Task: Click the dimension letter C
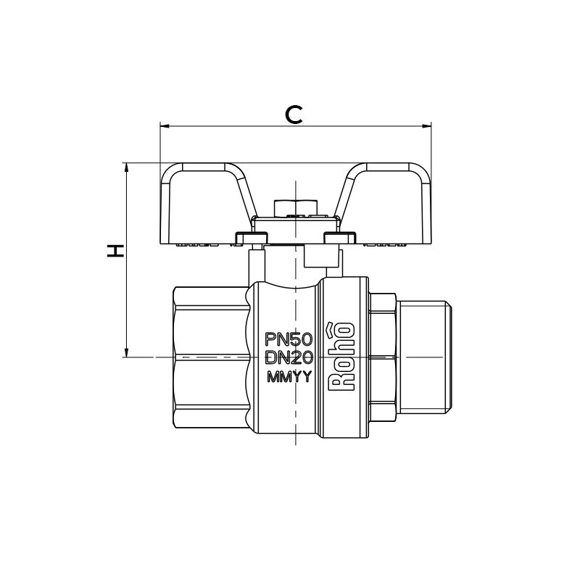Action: click(294, 114)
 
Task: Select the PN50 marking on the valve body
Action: click(289, 339)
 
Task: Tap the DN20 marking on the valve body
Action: click(289, 357)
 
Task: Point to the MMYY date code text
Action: click(289, 376)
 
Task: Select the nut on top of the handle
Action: click(294, 207)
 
